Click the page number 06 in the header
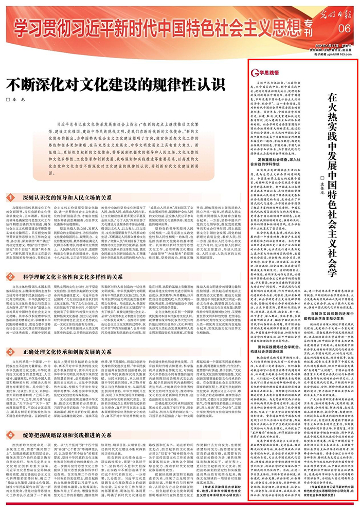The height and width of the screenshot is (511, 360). pos(344,27)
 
